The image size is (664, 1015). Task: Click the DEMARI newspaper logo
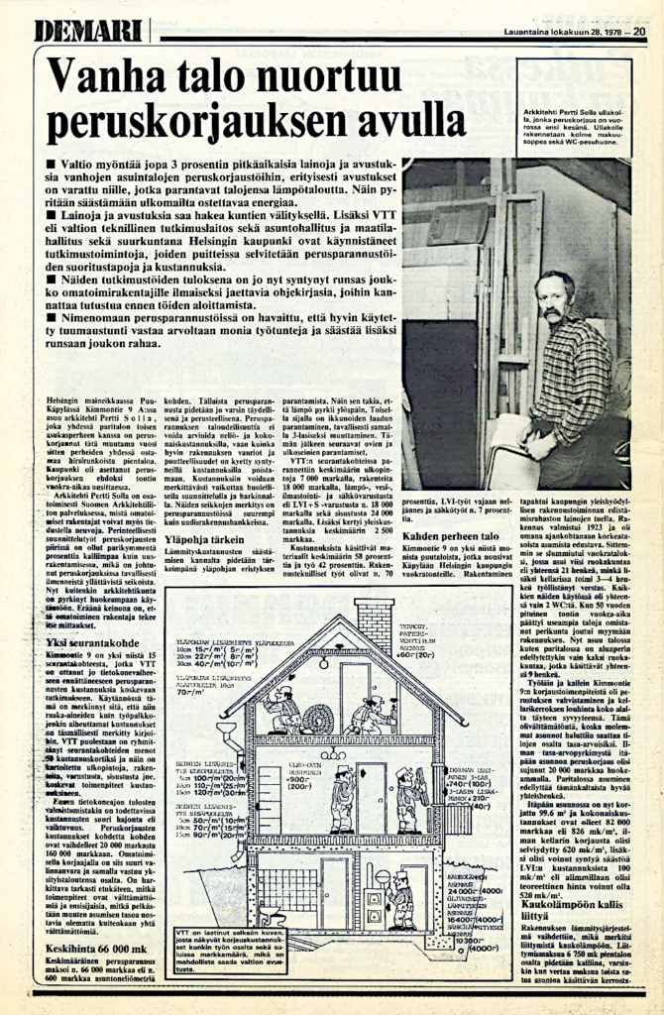point(88,32)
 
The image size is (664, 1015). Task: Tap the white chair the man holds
point(515,451)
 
